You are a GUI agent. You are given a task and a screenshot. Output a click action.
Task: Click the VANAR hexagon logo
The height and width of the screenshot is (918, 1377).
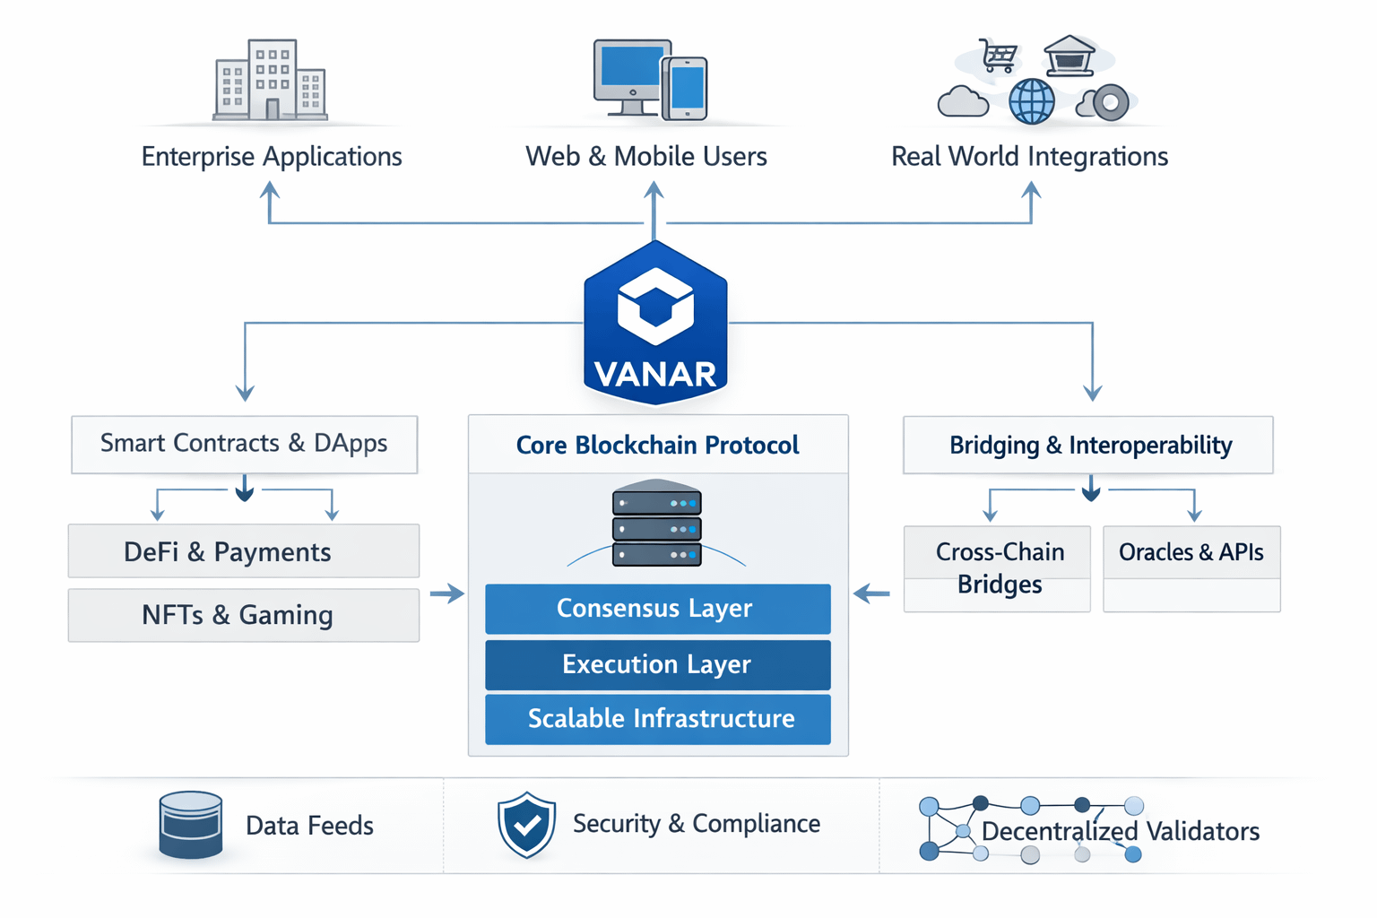pos(655,323)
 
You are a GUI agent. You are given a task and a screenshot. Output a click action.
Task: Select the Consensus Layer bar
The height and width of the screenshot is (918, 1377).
pos(657,609)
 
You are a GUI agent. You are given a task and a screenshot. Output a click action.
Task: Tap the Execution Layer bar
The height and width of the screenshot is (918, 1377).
pos(657,664)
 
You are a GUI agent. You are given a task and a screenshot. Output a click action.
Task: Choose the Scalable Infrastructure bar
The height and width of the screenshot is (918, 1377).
pos(657,719)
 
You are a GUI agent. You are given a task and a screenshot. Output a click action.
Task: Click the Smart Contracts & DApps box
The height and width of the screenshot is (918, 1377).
pos(244,444)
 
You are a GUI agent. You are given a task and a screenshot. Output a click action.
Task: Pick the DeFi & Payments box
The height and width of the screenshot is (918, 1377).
pos(243,551)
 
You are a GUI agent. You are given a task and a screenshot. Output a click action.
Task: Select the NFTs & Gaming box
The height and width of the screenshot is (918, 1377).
pos(243,615)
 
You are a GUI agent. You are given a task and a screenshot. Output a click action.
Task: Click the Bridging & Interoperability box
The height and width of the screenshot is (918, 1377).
pos(1087,445)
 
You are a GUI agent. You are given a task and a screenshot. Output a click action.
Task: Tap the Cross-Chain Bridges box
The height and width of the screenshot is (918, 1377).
pos(997,568)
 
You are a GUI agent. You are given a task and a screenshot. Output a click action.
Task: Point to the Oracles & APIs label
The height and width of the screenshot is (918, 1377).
pos(1191,552)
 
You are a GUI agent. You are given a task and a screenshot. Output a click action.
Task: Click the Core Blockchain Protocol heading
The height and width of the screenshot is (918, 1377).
pos(657,445)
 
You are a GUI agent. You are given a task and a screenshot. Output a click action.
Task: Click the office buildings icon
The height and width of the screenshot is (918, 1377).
pos(270,80)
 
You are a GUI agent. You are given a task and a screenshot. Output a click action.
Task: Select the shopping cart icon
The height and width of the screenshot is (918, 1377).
pos(998,55)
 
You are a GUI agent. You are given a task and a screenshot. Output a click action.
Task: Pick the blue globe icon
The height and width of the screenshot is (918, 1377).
pos(1032,101)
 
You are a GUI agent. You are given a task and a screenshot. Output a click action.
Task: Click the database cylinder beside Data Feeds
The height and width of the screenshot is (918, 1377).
pos(190,825)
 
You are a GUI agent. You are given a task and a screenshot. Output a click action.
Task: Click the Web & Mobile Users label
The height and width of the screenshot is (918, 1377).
pos(645,157)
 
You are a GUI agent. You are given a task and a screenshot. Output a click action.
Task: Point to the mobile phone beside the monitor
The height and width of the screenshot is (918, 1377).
pos(686,88)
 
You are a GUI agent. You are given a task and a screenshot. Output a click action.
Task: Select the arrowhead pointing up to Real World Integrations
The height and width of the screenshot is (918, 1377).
pos(1031,190)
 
